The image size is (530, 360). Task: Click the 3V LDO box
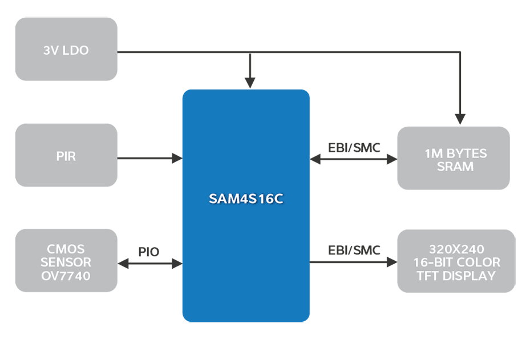(x=66, y=49)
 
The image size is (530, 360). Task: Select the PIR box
(x=66, y=156)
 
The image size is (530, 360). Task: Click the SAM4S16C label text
(x=245, y=200)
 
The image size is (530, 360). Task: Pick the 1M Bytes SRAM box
(x=454, y=159)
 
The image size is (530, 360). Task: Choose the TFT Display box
(x=456, y=262)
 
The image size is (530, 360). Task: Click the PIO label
(x=149, y=252)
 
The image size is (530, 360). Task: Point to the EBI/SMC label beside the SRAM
(x=354, y=147)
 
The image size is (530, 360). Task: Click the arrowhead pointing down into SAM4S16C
(x=249, y=83)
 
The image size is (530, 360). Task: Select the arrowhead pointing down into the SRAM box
(x=460, y=119)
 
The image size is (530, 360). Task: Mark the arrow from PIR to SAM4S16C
(x=149, y=158)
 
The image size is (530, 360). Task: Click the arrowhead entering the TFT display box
(x=391, y=262)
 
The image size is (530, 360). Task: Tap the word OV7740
(x=66, y=276)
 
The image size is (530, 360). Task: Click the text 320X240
(x=456, y=249)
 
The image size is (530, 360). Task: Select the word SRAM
(x=456, y=167)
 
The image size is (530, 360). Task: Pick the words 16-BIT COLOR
(x=456, y=262)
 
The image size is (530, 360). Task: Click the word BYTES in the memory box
(x=467, y=153)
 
